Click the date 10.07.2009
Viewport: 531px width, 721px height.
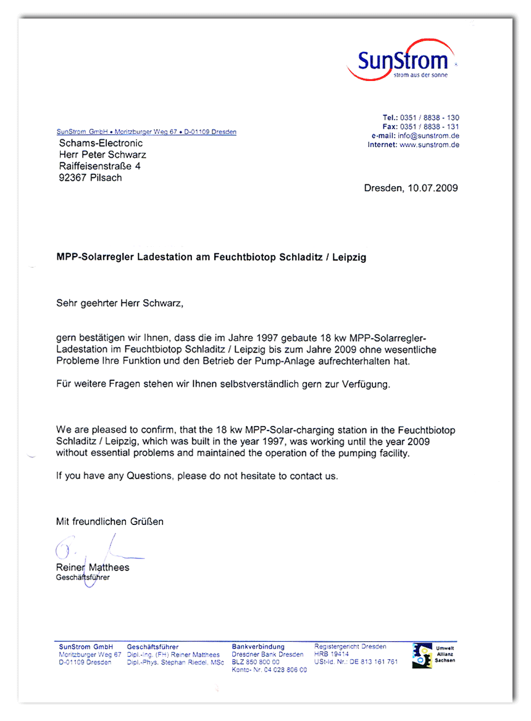click(x=432, y=188)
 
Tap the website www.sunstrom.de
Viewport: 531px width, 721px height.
click(x=430, y=145)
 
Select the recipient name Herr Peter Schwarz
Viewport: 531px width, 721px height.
click(x=102, y=155)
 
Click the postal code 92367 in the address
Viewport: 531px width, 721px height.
click(x=73, y=178)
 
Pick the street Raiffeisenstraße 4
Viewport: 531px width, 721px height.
click(x=100, y=166)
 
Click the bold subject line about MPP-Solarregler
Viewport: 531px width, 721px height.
click(x=211, y=257)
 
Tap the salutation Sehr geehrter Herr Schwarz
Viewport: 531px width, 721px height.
click(x=120, y=304)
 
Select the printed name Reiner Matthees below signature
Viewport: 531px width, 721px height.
click(x=93, y=568)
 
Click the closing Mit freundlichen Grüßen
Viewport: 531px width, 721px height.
click(x=110, y=522)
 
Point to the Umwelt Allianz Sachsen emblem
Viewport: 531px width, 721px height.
click(x=424, y=655)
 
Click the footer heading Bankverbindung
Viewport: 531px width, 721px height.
click(x=258, y=647)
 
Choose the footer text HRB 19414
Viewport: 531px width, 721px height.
click(x=332, y=654)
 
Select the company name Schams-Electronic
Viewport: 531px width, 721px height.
click(x=101, y=143)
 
